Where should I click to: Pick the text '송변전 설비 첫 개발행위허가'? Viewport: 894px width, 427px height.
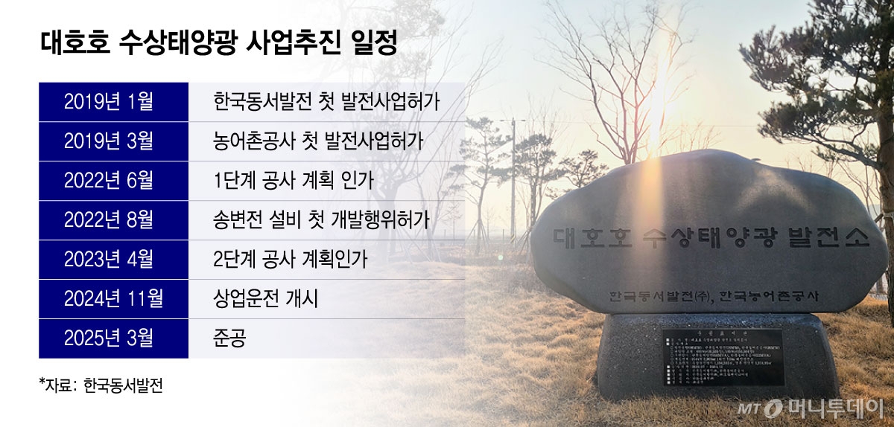[321, 220]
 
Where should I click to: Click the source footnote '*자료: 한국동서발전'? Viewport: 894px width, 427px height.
[100, 385]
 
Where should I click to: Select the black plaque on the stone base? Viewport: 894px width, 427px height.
[722, 358]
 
